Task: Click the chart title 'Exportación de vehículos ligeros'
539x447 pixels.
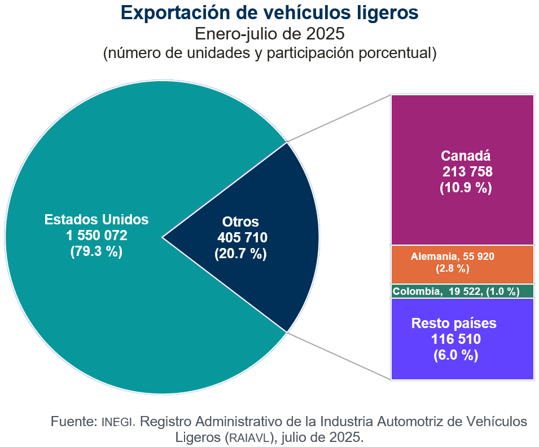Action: (x=269, y=12)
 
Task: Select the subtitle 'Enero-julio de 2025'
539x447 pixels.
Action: (x=269, y=34)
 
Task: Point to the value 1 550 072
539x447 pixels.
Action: (x=97, y=235)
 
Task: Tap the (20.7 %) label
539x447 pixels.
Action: (x=241, y=254)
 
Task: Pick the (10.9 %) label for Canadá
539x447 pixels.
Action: (x=466, y=187)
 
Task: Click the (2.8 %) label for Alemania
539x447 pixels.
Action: (x=453, y=269)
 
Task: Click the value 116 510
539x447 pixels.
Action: (x=456, y=339)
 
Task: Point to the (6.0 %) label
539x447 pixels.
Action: (x=456, y=355)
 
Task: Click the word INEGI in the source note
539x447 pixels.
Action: (x=118, y=422)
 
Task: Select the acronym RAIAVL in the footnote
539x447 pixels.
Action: (x=249, y=437)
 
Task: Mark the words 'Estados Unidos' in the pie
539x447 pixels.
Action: (x=97, y=219)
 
